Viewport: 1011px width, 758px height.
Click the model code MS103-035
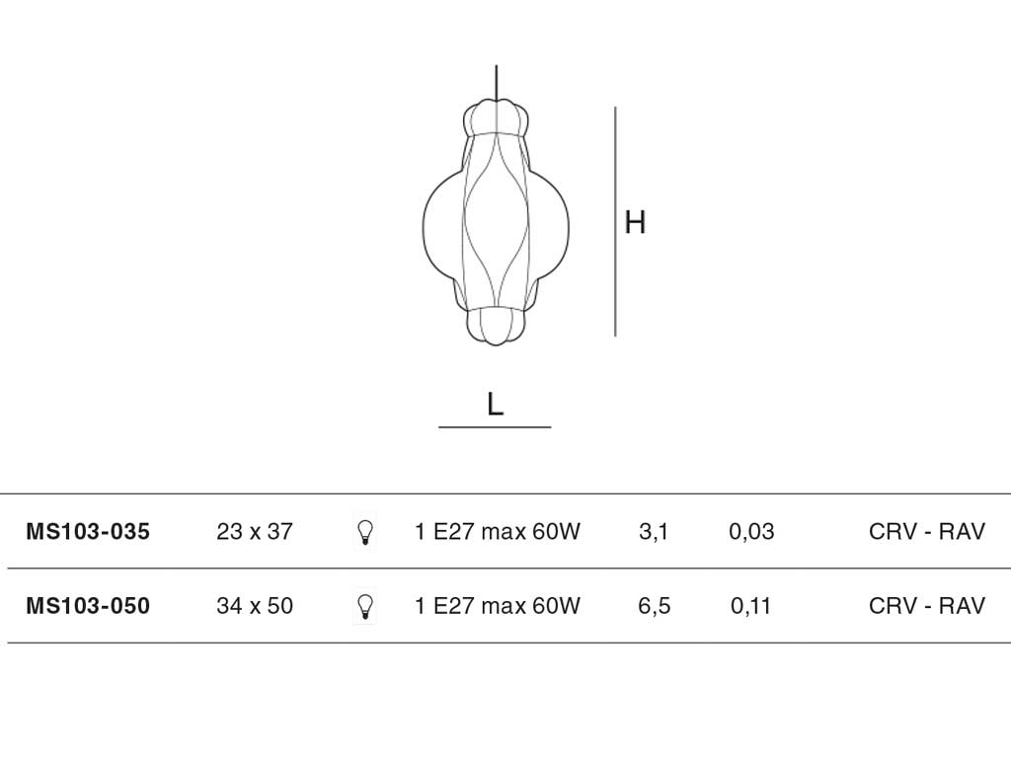point(88,532)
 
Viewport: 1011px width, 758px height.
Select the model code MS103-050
point(88,606)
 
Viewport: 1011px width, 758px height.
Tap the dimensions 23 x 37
point(255,532)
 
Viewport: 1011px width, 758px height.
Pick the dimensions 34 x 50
point(255,606)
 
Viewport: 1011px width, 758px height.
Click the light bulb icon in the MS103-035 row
point(365,532)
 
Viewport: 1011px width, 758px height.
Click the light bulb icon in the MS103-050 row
point(365,607)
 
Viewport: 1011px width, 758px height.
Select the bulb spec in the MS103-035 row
point(498,532)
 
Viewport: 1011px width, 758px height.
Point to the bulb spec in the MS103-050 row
point(498,606)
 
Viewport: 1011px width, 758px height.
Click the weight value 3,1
point(654,532)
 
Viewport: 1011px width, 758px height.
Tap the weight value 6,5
point(654,606)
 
